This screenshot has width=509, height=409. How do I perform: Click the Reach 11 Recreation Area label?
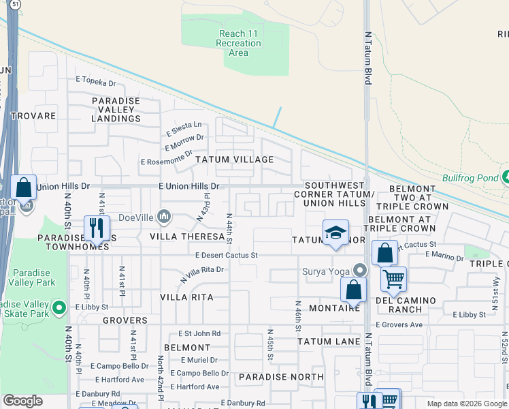click(x=240, y=43)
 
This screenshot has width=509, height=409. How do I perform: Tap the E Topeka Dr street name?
click(x=97, y=81)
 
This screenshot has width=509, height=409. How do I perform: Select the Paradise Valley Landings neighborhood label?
click(x=116, y=109)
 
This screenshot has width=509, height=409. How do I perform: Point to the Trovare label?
click(x=33, y=116)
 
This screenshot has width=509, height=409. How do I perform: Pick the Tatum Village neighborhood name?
click(x=234, y=159)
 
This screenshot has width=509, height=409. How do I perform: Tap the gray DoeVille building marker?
click(x=163, y=217)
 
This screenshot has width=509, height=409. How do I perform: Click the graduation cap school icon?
click(x=335, y=233)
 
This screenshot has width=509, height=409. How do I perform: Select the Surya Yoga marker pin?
click(x=359, y=271)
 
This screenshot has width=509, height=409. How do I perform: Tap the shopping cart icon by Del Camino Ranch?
click(x=393, y=278)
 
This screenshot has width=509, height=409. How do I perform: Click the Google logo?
click(x=23, y=400)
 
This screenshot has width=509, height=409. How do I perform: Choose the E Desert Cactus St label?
click(x=227, y=255)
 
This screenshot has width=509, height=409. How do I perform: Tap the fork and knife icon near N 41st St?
click(x=97, y=228)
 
